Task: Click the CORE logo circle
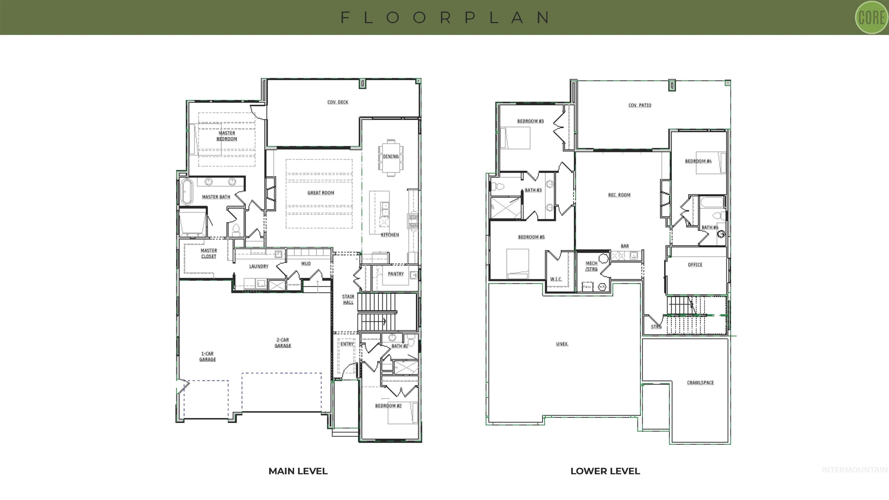click(871, 18)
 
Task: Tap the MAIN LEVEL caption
click(298, 471)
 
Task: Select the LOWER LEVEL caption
click(605, 471)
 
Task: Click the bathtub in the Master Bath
click(187, 192)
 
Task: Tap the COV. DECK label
click(337, 102)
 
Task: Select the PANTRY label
click(396, 274)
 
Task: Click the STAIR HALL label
click(348, 299)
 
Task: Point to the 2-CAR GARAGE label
click(283, 343)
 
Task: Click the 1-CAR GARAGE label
click(207, 356)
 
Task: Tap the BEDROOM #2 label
click(388, 406)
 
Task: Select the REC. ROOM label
click(619, 195)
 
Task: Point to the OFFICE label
click(695, 265)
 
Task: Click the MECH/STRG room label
click(591, 266)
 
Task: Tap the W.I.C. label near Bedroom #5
click(556, 279)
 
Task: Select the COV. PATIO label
click(640, 105)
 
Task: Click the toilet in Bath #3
click(498, 187)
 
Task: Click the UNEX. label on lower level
click(562, 344)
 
